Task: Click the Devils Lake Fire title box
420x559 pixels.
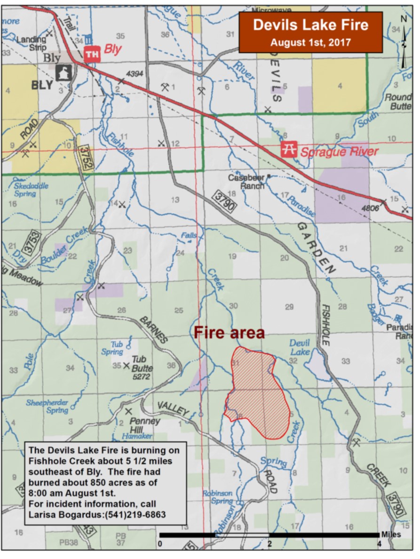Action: [310, 32]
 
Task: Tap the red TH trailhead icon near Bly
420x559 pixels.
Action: [92, 55]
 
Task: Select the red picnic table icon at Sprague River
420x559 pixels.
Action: [288, 150]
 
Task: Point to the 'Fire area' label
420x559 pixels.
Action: [230, 333]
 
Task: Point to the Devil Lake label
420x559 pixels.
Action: [300, 348]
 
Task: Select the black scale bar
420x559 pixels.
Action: [269, 535]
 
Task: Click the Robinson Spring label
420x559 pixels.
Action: [217, 497]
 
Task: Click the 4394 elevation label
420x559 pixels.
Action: [134, 74]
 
